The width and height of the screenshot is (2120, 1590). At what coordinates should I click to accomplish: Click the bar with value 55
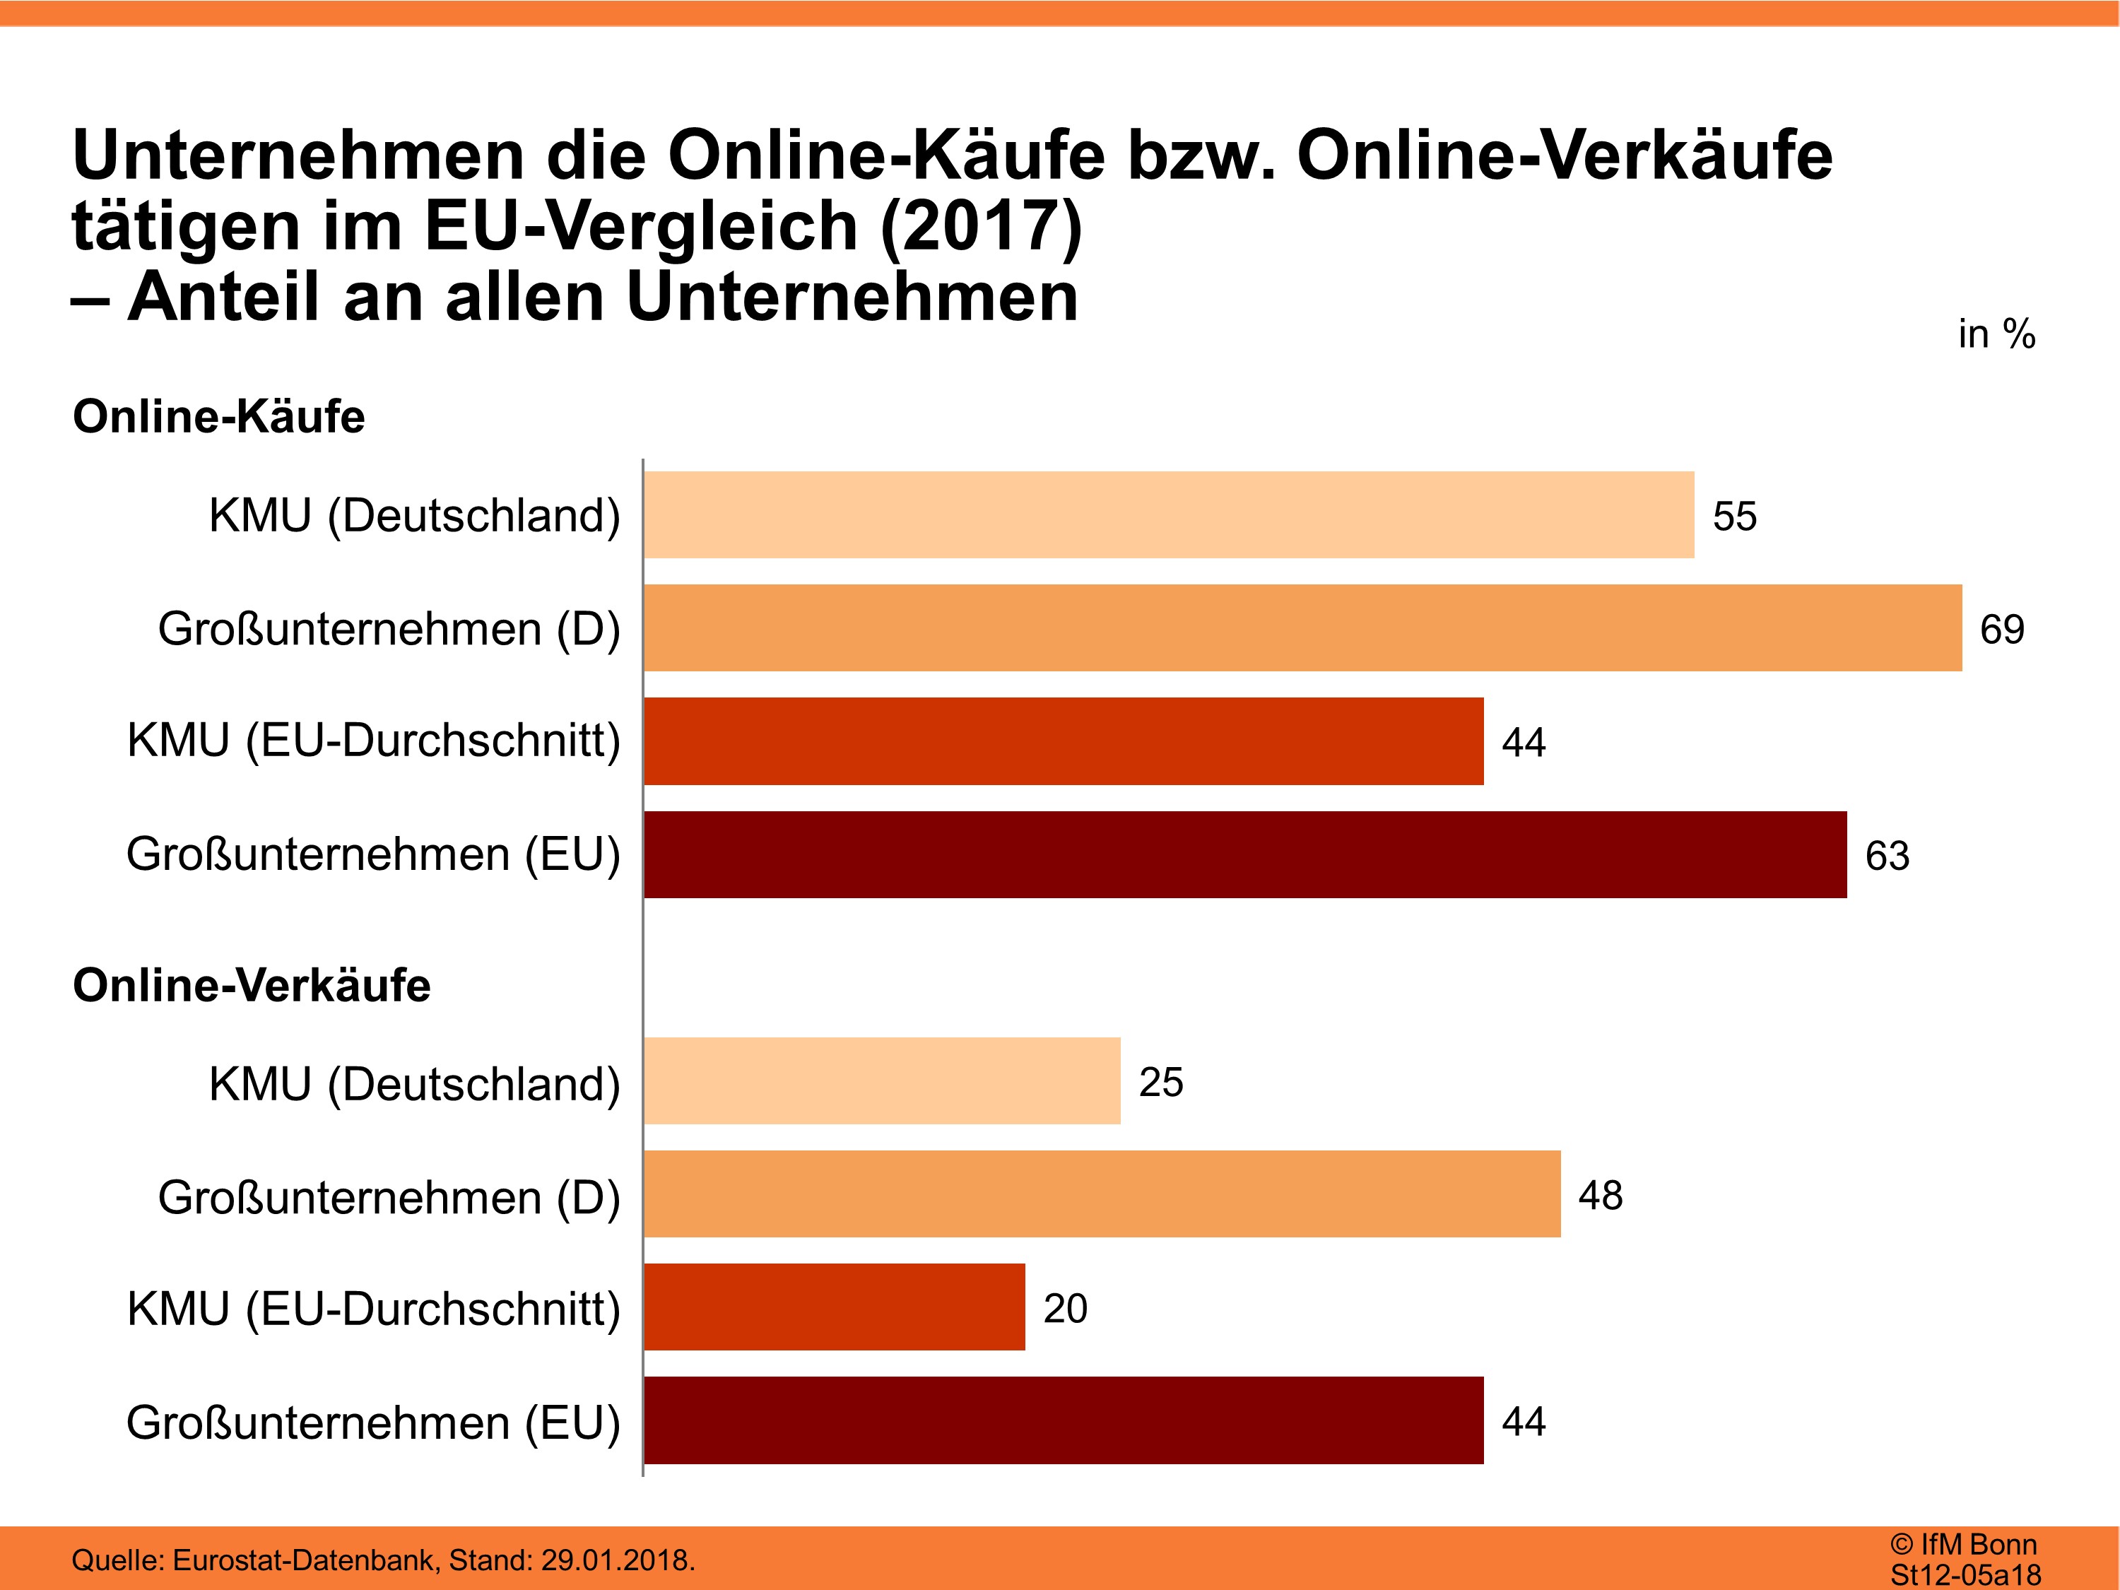click(1168, 514)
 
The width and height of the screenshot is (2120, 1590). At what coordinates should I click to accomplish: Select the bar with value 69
click(1302, 628)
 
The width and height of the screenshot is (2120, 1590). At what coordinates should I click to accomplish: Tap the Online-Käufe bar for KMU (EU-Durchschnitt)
click(1063, 741)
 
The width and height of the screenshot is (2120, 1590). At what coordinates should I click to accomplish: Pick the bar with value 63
click(1245, 854)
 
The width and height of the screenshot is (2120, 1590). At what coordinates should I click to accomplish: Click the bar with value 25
click(882, 1080)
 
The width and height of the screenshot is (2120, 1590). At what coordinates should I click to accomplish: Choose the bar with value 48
click(1102, 1194)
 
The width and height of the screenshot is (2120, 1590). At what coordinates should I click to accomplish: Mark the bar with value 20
click(834, 1307)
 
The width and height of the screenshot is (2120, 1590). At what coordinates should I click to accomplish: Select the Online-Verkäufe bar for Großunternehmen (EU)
click(1063, 1420)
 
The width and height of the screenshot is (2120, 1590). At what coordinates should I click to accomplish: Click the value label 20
click(1065, 1308)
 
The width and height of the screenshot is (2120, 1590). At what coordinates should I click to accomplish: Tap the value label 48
click(1601, 1195)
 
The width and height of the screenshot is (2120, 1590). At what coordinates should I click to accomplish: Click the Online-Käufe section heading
click(218, 417)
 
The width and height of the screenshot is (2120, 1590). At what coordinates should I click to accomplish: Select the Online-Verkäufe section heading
click(251, 985)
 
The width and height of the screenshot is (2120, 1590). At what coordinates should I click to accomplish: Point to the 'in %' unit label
click(1996, 334)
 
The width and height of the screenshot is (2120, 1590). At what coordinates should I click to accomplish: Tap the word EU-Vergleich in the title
click(640, 226)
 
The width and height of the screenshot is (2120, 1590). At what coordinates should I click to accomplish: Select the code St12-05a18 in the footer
click(1965, 1574)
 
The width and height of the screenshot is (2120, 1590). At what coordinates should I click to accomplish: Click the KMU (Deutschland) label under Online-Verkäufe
click(414, 1084)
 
